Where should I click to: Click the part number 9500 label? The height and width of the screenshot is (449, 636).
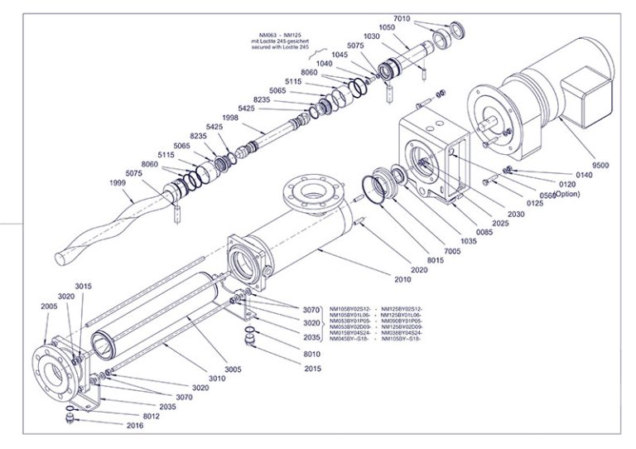click(600, 165)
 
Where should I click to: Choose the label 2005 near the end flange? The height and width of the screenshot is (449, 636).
click(49, 306)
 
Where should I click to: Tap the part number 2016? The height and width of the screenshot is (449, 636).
click(136, 425)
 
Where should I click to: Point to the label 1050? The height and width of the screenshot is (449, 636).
click(387, 27)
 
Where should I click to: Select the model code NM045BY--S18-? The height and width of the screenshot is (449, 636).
click(350, 339)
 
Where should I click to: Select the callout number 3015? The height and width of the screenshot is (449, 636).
click(83, 286)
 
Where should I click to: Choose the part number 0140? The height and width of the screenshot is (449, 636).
click(585, 176)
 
